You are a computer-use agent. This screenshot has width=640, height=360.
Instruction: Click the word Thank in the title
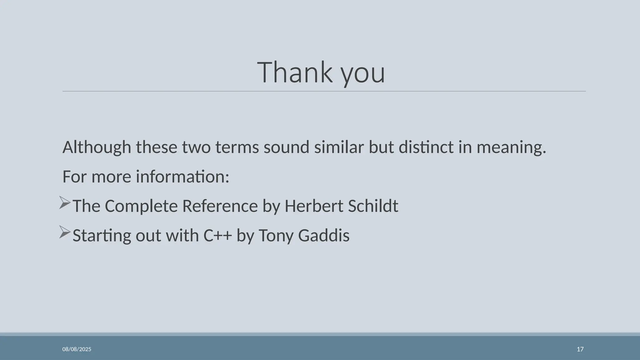[295, 72]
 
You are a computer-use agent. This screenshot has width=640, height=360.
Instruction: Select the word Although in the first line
[97, 147]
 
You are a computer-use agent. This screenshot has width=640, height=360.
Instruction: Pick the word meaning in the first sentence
[511, 147]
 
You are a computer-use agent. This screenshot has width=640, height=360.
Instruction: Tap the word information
[182, 177]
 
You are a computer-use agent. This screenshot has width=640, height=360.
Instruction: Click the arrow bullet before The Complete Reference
[65, 203]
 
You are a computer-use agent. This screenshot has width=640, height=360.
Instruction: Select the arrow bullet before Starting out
[65, 232]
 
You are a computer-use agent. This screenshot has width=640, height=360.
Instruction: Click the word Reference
[220, 206]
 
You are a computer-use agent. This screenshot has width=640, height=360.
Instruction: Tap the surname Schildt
[373, 206]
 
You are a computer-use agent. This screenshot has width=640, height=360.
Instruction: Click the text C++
[217, 235]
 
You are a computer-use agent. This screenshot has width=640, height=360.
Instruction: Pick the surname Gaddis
[323, 235]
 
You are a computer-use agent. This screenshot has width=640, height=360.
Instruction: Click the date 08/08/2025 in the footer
[77, 349]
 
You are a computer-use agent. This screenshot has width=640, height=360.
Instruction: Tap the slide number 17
[580, 349]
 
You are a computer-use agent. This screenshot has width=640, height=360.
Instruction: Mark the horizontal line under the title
[324, 91]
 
